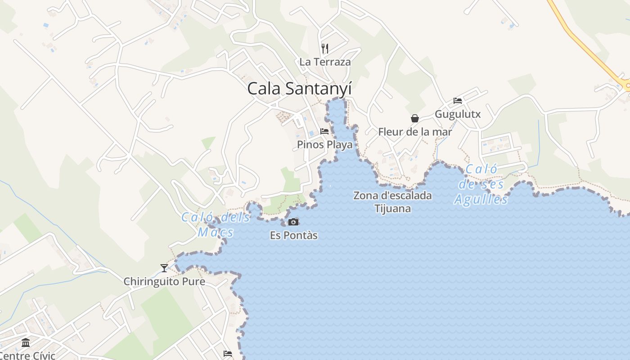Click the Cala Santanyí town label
click(299, 89)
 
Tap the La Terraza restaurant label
click(325, 62)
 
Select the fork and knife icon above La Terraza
click(325, 48)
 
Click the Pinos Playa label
click(324, 145)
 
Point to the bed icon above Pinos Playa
click(324, 131)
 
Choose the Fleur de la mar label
click(415, 132)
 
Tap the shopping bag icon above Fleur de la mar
click(415, 118)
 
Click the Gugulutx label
click(458, 114)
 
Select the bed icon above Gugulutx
click(458, 101)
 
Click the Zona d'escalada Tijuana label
click(392, 202)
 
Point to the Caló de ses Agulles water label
click(481, 184)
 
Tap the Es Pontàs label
click(294, 235)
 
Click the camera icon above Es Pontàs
click(293, 222)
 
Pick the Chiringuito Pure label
click(164, 282)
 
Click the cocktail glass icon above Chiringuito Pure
click(164, 268)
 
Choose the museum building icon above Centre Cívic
click(26, 343)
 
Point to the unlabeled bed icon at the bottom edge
click(228, 354)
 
